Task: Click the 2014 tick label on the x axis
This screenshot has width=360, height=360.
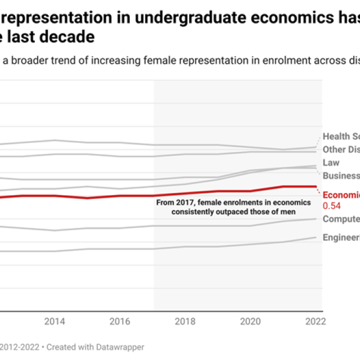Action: click(54, 321)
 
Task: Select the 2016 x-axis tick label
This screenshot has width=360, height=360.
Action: click(120, 321)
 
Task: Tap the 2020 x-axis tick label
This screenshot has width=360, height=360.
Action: click(251, 321)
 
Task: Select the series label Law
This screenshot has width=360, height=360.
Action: click(331, 163)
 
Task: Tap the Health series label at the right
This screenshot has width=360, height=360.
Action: click(340, 137)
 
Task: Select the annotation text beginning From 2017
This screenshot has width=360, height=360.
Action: click(232, 207)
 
